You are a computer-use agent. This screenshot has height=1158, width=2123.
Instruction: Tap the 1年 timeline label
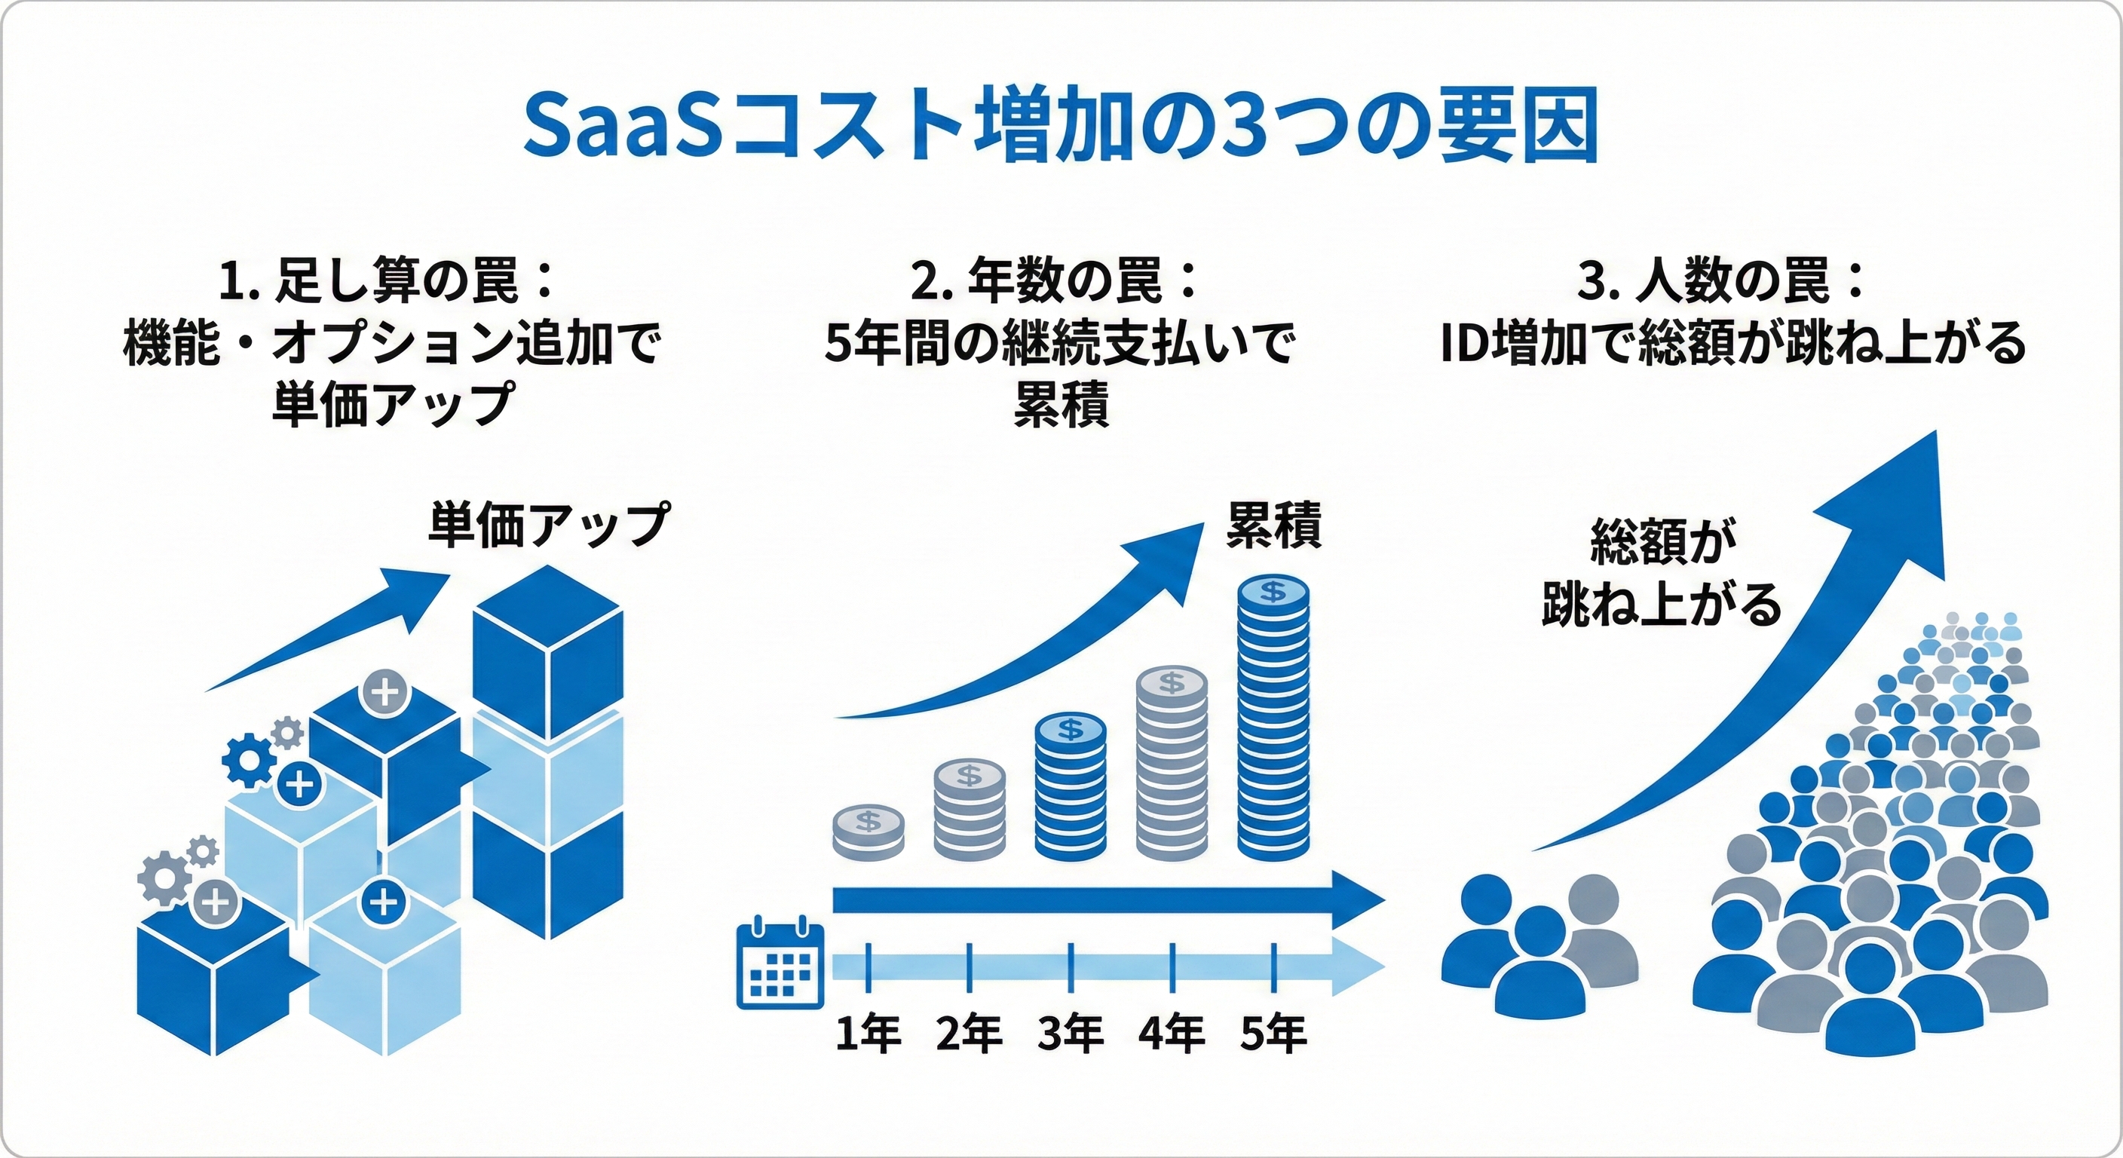point(868,1034)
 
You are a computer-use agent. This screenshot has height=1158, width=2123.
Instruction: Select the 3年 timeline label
point(1071,1034)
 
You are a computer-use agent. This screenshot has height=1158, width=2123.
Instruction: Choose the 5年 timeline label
point(1273,1034)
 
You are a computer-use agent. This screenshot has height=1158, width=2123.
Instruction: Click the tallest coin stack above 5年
point(1273,718)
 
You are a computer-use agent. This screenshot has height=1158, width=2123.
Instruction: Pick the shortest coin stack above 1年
point(868,832)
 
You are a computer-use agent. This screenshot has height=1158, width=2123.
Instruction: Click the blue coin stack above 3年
point(1071,787)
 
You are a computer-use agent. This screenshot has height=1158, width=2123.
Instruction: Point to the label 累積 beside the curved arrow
point(1274,525)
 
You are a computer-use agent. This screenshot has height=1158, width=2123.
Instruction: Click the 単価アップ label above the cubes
point(549,525)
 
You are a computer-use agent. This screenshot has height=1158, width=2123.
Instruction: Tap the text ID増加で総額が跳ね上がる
point(1734,343)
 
